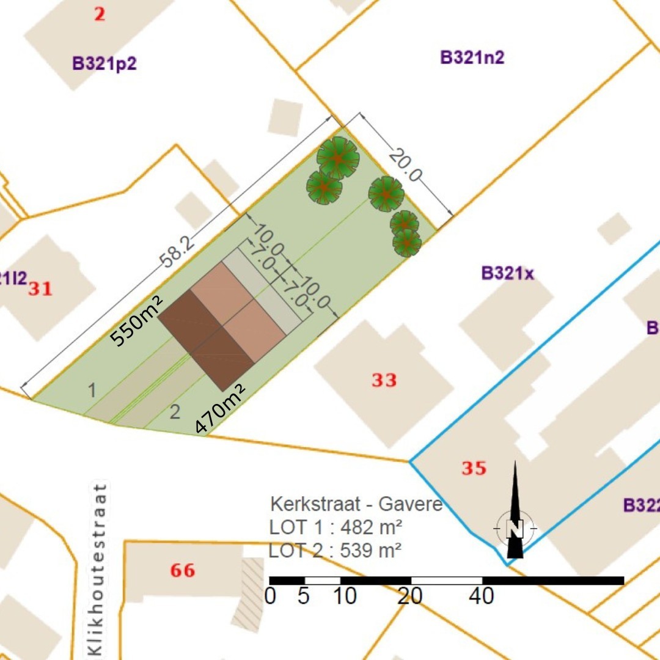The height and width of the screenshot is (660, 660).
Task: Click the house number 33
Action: (x=384, y=380)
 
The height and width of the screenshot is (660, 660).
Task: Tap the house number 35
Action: (x=474, y=469)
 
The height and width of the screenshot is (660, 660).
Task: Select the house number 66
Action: (x=183, y=571)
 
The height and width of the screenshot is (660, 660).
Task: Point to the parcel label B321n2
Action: (x=472, y=57)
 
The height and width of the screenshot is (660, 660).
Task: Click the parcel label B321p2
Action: (x=104, y=64)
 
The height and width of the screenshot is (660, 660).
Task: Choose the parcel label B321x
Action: (x=507, y=273)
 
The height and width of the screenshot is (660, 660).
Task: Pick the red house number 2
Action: (x=99, y=14)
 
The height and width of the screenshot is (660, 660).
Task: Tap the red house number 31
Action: (x=40, y=288)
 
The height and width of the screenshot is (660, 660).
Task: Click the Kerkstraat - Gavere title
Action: (x=356, y=505)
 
